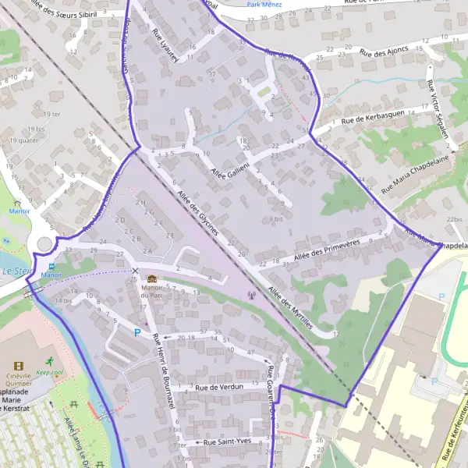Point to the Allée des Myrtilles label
[x=290, y=309]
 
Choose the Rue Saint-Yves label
[x=227, y=442]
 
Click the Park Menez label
[x=264, y=5]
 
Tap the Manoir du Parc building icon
[x=151, y=278]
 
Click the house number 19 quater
[x=23, y=140]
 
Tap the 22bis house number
[x=454, y=220]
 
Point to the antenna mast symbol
[x=250, y=295]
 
